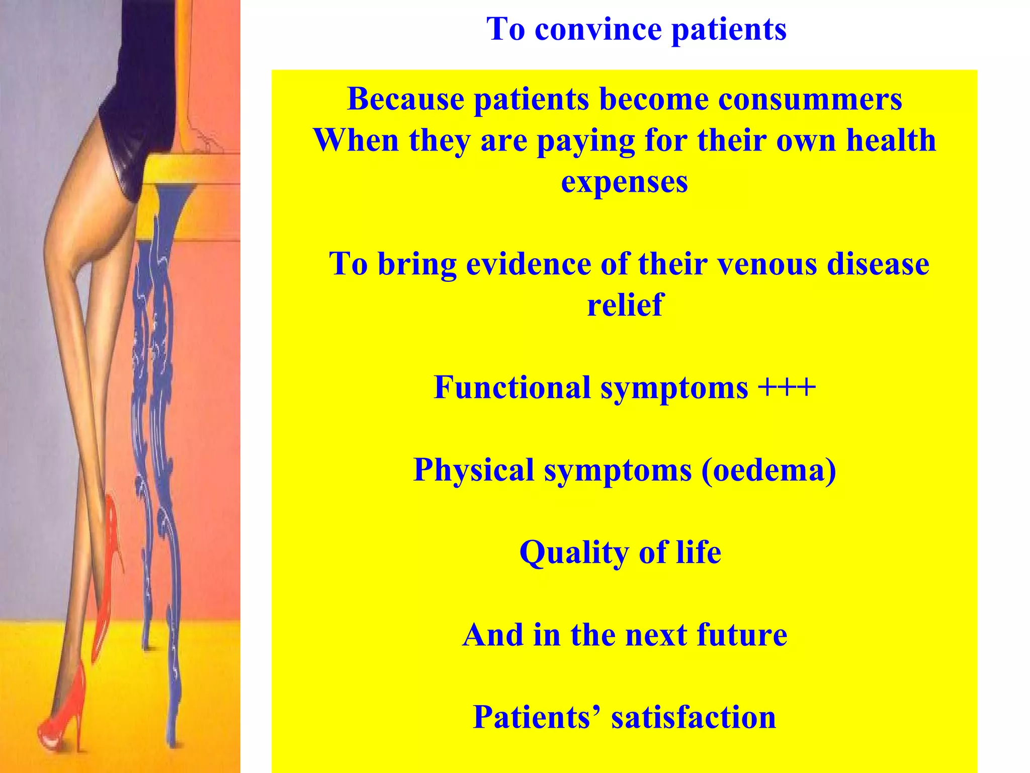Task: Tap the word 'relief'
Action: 625,305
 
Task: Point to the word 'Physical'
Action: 473,470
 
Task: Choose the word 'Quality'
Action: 573,553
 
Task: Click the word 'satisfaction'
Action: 694,718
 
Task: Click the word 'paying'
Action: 586,141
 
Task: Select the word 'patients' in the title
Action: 729,29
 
